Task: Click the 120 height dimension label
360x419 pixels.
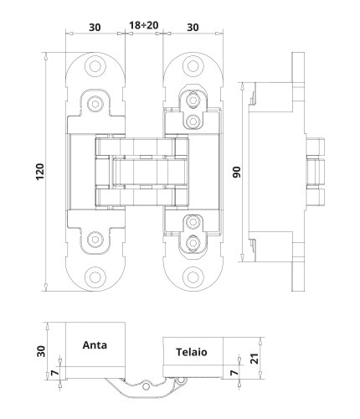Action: tap(40, 172)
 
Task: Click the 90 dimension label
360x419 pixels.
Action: tap(237, 172)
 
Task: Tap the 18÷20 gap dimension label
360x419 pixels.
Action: tap(144, 25)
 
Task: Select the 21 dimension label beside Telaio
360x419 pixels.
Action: tap(255, 358)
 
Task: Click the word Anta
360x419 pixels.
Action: tap(95, 345)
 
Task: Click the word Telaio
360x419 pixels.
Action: tap(192, 352)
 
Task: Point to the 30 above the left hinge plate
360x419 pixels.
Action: tap(95, 28)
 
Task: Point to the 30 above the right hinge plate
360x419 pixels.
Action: tap(193, 28)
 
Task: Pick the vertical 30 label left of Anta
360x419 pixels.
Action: tap(41, 351)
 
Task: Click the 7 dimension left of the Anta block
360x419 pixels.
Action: tap(55, 373)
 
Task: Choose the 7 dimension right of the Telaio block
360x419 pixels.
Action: tap(235, 372)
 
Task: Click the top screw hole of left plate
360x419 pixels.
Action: tap(95, 66)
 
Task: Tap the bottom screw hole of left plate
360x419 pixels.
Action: tap(95, 277)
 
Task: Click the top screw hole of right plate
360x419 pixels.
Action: tap(193, 66)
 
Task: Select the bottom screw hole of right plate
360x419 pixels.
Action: tap(193, 277)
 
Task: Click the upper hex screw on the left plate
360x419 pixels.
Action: tap(95, 104)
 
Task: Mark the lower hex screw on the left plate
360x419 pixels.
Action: tap(95, 240)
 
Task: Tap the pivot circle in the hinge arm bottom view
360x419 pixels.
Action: tap(146, 386)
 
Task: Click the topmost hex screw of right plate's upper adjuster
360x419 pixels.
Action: tap(193, 100)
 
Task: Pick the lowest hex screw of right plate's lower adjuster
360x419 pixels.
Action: tap(193, 242)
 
